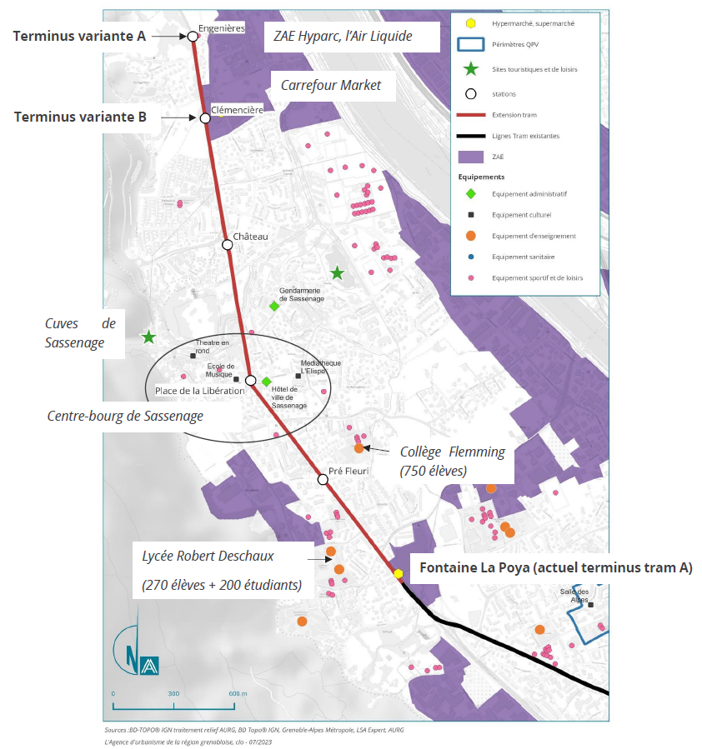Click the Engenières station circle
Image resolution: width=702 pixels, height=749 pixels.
point(192,37)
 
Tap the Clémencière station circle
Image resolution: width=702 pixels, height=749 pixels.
point(205,118)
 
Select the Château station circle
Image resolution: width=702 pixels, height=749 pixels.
point(228,245)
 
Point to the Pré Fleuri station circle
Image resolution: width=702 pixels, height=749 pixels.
point(323,479)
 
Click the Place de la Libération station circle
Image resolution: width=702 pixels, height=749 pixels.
point(250,380)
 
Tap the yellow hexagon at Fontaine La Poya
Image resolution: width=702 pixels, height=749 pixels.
point(398,573)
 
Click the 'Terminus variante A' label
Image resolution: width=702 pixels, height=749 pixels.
point(79,37)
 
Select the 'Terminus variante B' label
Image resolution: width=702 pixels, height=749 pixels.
point(80,117)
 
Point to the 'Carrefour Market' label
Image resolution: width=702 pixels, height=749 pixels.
point(331,86)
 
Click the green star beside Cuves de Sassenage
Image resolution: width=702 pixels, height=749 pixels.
point(148,337)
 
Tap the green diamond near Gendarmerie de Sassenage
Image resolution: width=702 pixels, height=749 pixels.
point(273,306)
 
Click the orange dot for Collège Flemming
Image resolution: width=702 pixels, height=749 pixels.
point(359,448)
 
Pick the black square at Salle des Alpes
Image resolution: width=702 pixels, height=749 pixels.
point(590,605)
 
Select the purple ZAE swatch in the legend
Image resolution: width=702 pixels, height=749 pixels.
point(471,157)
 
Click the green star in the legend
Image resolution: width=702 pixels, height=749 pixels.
point(471,69)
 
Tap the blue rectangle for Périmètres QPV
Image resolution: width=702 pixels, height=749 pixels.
point(471,44)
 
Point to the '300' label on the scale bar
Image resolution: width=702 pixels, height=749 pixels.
point(173,693)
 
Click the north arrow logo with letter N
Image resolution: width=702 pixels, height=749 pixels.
point(136,652)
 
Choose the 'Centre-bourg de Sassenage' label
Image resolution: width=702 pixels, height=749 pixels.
point(125,416)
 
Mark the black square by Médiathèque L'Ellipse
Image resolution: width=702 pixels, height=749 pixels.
point(298,376)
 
